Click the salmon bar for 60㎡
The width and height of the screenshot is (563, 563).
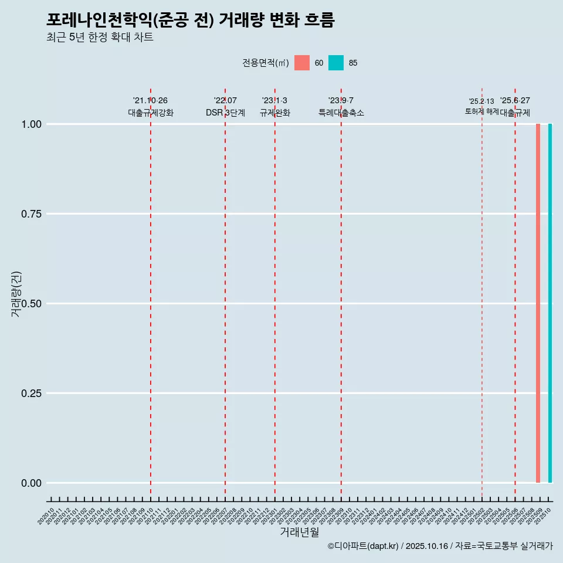538,303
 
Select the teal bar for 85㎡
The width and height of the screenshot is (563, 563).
550,303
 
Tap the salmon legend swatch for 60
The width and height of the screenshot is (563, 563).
302,63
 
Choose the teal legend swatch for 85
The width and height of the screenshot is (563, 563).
336,63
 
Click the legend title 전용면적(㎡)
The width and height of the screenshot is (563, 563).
266,63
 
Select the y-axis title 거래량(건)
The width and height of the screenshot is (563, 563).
16,294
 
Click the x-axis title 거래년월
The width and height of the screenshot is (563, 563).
299,532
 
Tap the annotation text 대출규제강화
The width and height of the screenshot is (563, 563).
151,113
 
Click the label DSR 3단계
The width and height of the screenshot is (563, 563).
225,113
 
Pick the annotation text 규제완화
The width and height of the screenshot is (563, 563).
275,113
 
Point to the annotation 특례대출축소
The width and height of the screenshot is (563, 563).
341,113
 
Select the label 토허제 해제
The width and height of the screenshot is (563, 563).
481,111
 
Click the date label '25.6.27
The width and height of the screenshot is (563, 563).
515,101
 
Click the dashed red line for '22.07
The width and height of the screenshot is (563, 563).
225,293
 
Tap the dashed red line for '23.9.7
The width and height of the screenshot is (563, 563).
341,293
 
